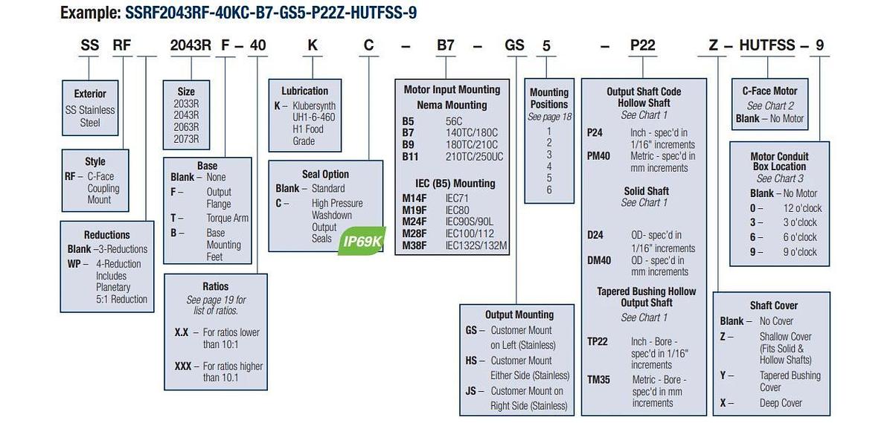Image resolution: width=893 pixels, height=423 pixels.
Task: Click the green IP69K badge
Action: tap(362, 241)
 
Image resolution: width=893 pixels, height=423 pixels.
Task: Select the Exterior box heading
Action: tap(90, 94)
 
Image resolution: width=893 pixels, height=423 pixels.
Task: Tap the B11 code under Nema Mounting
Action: tap(410, 157)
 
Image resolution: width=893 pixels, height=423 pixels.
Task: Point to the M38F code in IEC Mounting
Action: tap(415, 246)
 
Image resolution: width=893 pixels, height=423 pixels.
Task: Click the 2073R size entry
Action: tap(186, 139)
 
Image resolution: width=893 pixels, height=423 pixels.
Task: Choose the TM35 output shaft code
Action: tap(598, 380)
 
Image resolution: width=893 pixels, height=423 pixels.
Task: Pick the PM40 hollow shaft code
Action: tap(598, 156)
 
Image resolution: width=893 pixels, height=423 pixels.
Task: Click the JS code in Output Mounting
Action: tap(471, 391)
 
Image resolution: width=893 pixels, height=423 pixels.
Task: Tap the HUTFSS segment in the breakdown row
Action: tap(767, 45)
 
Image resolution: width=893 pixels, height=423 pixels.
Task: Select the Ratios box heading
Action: tap(216, 286)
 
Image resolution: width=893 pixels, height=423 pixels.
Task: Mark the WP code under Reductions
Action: tap(74, 264)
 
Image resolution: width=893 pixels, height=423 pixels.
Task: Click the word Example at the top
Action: tap(91, 13)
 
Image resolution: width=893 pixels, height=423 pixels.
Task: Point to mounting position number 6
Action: tap(549, 190)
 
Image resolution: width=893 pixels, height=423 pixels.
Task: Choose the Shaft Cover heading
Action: tap(774, 306)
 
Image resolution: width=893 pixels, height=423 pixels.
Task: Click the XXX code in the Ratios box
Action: tap(183, 366)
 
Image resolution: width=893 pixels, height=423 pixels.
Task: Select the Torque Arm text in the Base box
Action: tap(227, 219)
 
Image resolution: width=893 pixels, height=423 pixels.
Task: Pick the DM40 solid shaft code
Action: tap(599, 260)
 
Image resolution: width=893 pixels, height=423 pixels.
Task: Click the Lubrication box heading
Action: tap(305, 91)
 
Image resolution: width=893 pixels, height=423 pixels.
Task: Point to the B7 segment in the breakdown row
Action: tap(446, 45)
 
